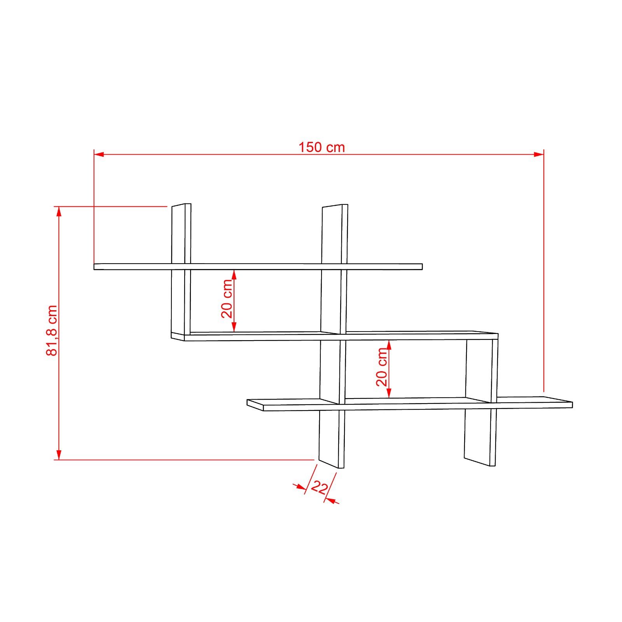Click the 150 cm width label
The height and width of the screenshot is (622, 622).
321,147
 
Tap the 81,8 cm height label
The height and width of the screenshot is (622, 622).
52,330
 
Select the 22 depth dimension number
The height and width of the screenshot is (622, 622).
319,487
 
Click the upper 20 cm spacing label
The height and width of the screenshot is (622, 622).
227,299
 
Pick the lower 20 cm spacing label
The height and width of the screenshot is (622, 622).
382,367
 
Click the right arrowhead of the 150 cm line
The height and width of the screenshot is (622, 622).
538,154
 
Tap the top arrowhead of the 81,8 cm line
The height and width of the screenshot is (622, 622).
59,211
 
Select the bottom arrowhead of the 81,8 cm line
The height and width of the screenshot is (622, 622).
59,454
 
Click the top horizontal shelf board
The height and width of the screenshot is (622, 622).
258,266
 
